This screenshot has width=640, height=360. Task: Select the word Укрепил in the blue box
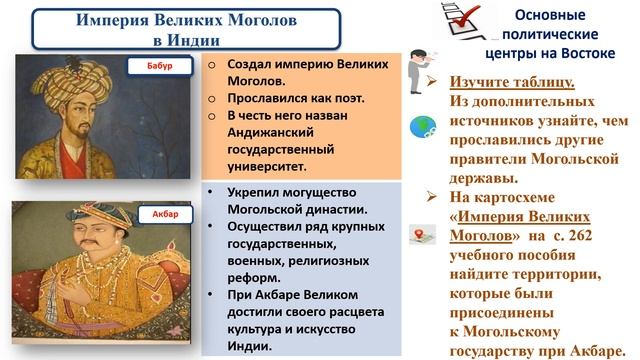click(251, 190)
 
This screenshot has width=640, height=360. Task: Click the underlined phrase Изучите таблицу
click(511, 82)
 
